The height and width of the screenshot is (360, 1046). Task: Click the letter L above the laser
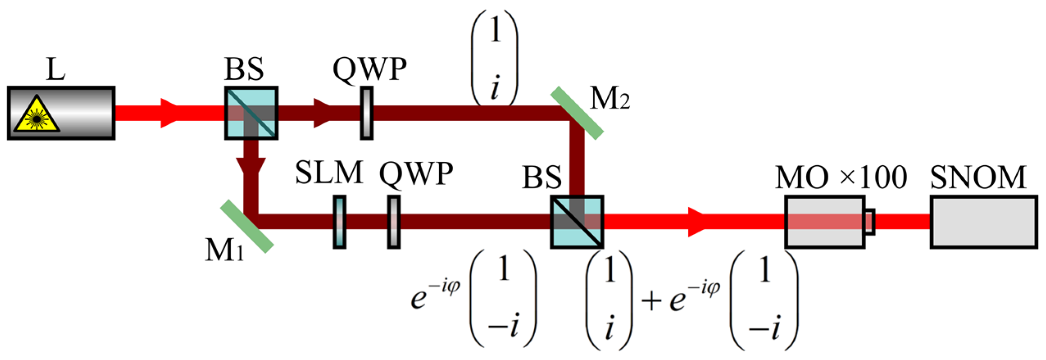(x=55, y=70)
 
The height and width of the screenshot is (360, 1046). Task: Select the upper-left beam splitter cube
(x=251, y=113)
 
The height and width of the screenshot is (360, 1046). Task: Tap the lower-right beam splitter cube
(x=576, y=222)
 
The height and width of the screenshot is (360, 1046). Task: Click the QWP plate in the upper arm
(x=366, y=113)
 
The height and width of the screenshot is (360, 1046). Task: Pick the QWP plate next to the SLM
(x=393, y=222)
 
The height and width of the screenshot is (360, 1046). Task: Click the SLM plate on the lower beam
(x=339, y=222)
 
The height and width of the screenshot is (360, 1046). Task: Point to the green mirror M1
(x=247, y=226)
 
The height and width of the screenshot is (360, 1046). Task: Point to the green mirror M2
(x=576, y=113)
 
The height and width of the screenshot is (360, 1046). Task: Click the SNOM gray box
(x=983, y=222)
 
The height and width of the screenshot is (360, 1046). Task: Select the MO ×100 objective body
(x=824, y=222)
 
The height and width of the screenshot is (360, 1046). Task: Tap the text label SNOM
(x=978, y=177)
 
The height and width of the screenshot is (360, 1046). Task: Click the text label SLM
(x=329, y=172)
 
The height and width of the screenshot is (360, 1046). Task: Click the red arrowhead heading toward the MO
(x=697, y=222)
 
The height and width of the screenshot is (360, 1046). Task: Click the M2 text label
(x=609, y=99)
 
